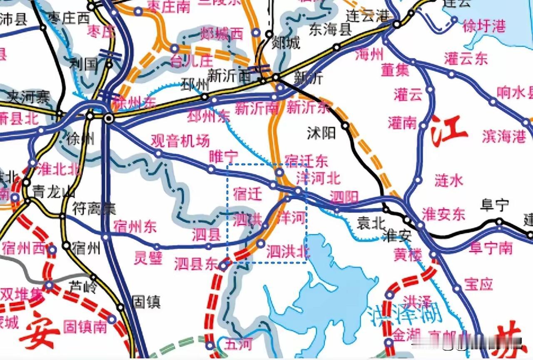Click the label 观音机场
tap(180, 141)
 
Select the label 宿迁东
tap(306, 161)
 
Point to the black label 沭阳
tap(321, 133)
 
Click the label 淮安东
tap(443, 214)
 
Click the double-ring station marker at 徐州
tap(109, 119)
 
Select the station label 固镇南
tap(85, 327)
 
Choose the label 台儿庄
tap(191, 62)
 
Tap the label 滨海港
tap(504, 136)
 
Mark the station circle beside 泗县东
tap(224, 265)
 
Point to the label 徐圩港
tap(484, 27)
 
